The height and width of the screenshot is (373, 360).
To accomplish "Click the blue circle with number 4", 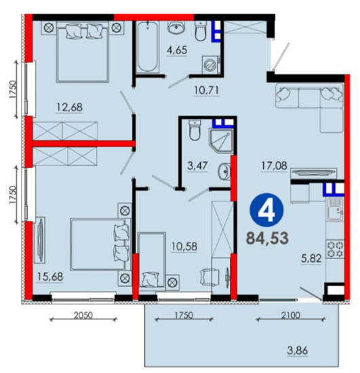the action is [266, 210].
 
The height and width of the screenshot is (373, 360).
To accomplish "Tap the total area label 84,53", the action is [268, 238].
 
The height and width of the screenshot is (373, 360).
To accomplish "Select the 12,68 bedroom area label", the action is [70, 107].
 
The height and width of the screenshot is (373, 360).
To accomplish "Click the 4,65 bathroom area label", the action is [177, 50].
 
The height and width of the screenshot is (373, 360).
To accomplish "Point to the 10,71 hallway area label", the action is [207, 90].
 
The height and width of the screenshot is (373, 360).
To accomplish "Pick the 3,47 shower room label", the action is [197, 165].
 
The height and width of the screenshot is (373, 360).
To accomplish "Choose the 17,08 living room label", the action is [274, 165].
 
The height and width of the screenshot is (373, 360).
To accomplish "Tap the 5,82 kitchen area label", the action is [311, 258].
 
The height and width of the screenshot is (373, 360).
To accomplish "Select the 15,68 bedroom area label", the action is [50, 277].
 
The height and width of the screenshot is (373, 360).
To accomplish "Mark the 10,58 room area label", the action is [184, 247].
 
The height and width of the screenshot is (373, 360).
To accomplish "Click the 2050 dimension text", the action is [83, 315].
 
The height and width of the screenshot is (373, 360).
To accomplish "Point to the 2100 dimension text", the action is [291, 315].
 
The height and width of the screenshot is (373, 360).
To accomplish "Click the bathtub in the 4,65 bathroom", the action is [148, 47].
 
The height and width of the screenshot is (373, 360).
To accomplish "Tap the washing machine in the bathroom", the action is [210, 64].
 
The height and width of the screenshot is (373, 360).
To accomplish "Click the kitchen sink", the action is [336, 210].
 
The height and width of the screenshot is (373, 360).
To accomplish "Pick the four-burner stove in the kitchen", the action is [336, 250].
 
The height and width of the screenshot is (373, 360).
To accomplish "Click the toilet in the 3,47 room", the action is [195, 130].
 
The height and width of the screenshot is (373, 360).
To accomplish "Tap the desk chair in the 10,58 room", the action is [209, 277].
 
